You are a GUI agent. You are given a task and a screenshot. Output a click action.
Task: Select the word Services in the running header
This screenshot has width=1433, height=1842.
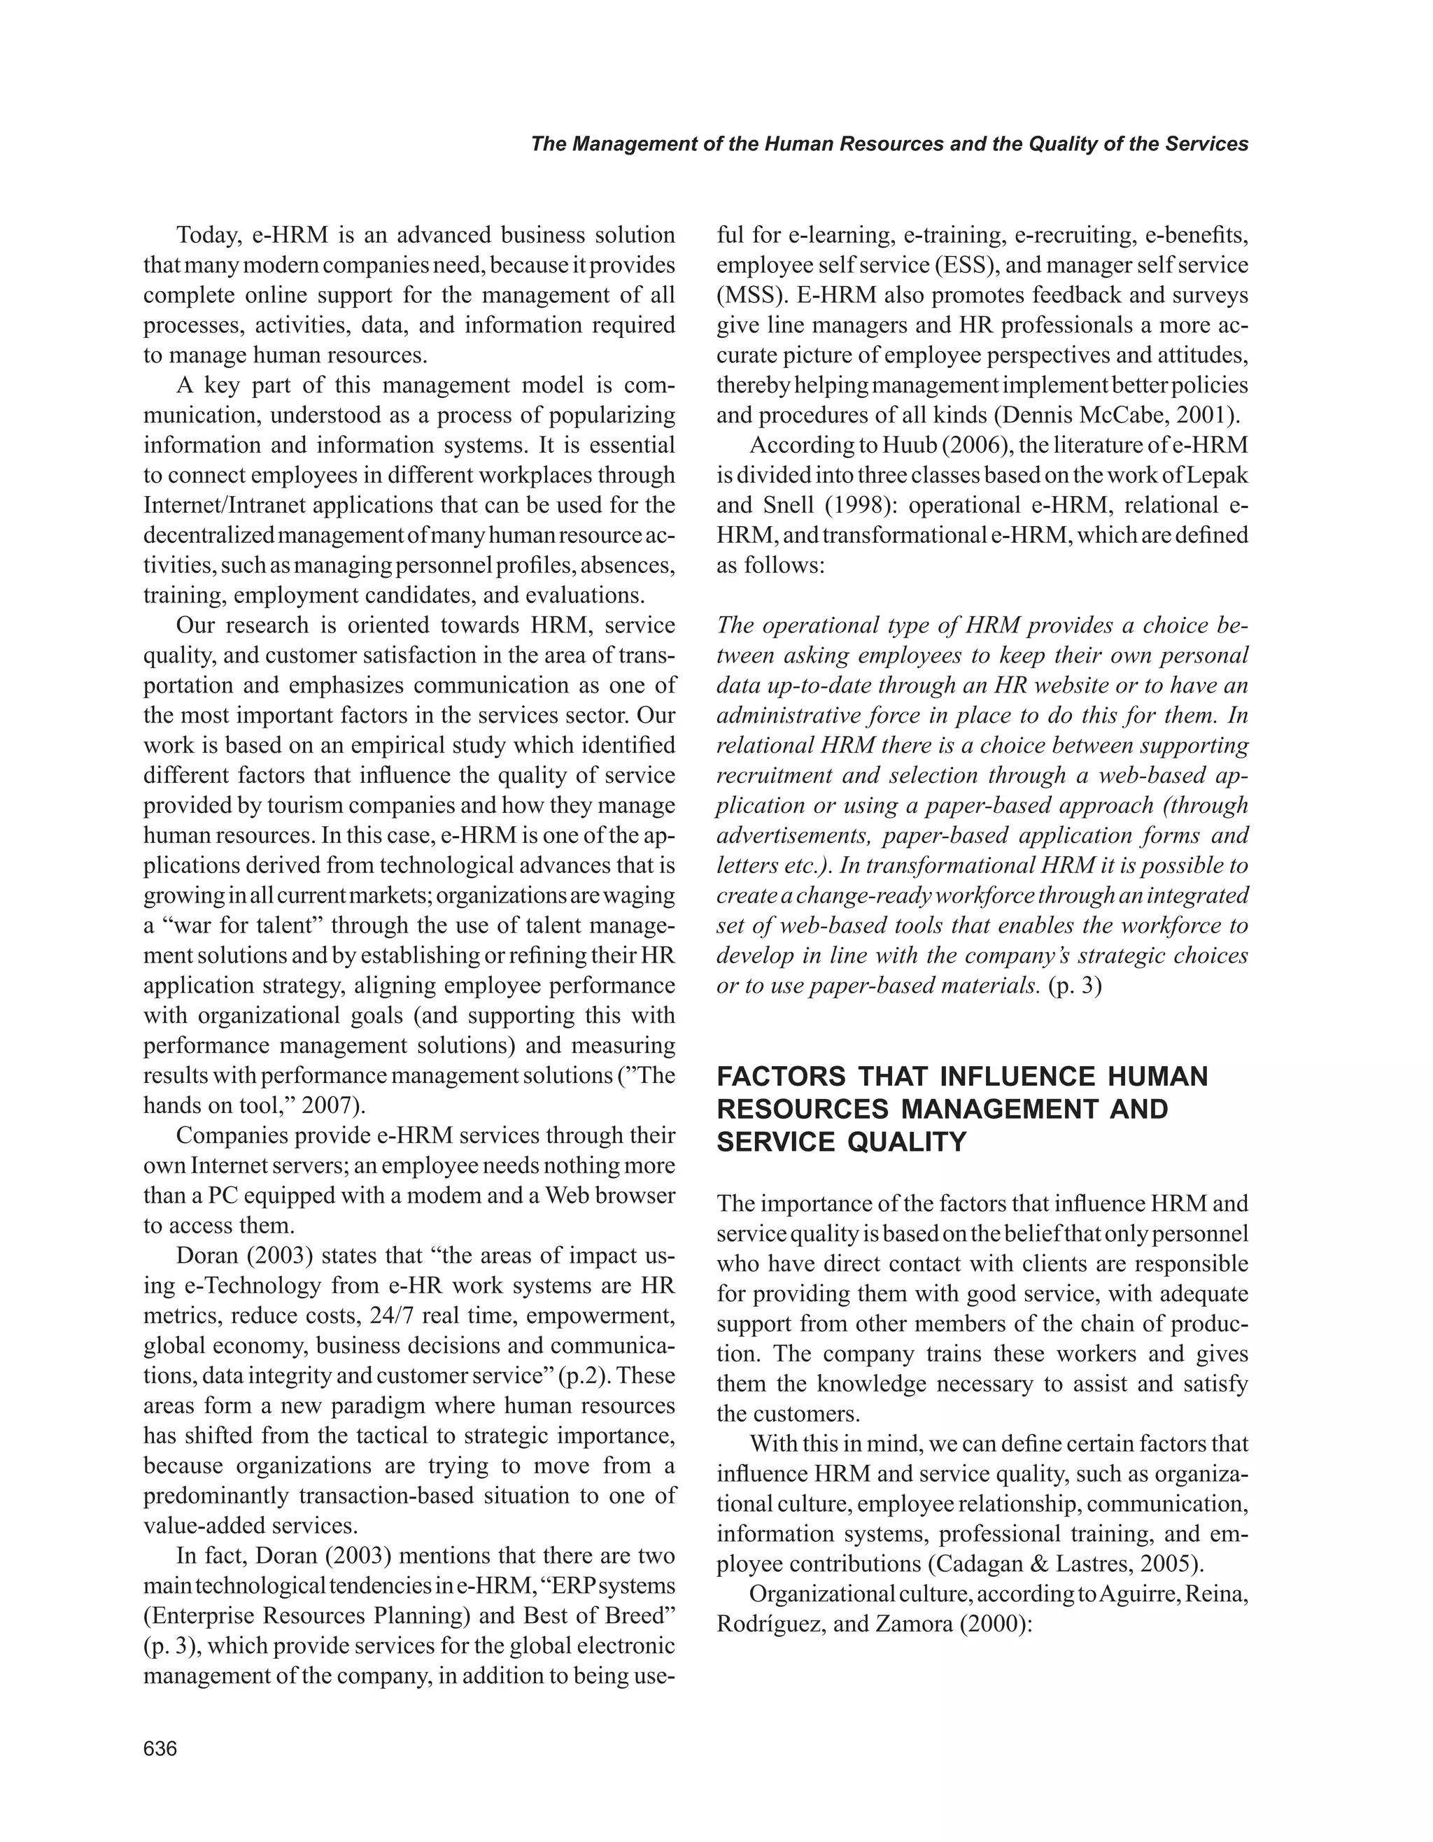(1207, 144)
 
